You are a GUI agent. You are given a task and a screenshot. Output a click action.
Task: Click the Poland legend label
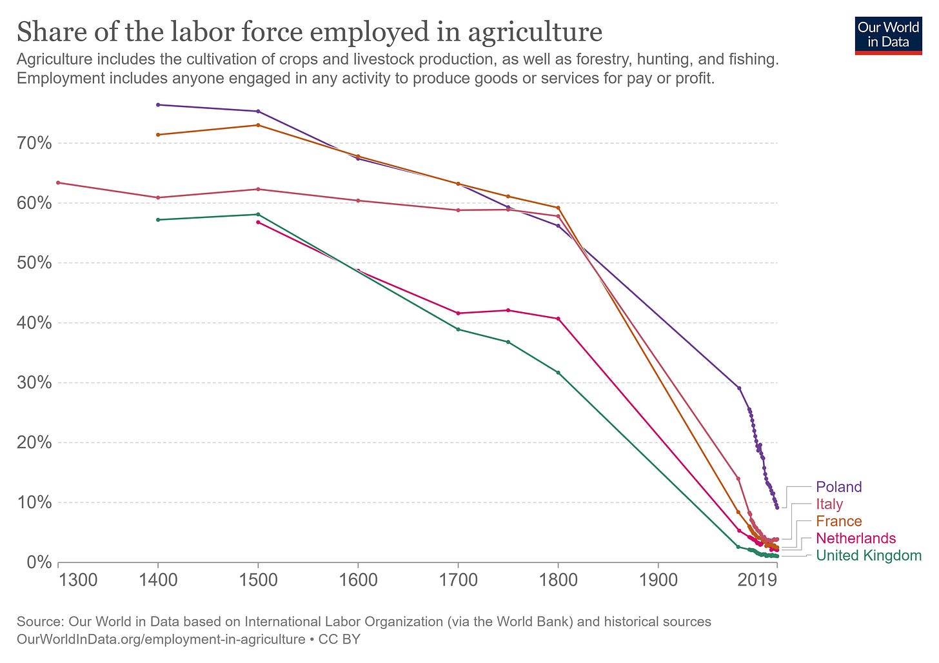pos(838,487)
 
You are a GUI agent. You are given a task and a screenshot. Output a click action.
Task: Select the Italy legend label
pos(829,504)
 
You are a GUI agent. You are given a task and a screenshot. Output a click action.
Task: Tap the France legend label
pos(838,521)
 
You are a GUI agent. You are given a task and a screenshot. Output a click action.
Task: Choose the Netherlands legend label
pos(855,539)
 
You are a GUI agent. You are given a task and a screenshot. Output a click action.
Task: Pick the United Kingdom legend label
pos(869,556)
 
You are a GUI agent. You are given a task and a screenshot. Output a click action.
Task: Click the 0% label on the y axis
pos(38,562)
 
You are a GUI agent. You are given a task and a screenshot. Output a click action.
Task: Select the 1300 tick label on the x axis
pos(78,580)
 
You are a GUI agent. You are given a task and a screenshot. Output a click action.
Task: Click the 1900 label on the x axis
pos(658,580)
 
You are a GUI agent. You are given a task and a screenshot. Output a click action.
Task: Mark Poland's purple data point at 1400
pos(158,104)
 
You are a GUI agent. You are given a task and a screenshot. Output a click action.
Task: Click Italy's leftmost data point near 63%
pos(58,183)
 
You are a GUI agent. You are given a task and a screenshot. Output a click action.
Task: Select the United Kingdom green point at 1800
pos(558,373)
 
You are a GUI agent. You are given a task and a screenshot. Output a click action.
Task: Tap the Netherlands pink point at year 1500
pos(258,222)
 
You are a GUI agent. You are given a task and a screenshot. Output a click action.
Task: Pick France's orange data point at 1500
pos(258,125)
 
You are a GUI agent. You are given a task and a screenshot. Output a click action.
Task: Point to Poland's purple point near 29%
pos(739,388)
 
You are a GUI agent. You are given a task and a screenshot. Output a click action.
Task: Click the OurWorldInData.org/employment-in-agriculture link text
pos(161,639)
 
